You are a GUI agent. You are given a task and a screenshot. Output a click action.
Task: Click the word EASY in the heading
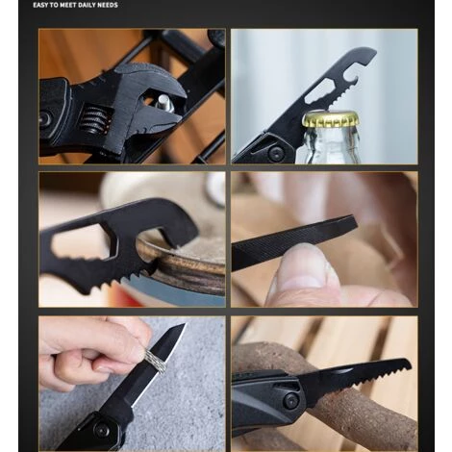40,5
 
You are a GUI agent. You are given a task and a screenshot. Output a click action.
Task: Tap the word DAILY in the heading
88,5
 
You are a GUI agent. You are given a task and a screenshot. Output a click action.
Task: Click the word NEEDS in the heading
109,5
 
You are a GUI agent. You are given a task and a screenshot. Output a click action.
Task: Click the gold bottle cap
330,118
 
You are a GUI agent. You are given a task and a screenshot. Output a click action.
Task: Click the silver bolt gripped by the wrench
165,103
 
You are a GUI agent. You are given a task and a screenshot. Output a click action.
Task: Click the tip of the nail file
356,222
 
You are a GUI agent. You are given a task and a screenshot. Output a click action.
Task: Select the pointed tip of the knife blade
185,324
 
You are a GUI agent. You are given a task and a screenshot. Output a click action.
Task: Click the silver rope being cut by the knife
156,362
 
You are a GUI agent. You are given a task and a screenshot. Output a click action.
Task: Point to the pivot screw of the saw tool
291,400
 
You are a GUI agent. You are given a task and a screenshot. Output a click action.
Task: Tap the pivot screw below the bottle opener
276,153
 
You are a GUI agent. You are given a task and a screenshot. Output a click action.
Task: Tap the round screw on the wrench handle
46,118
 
